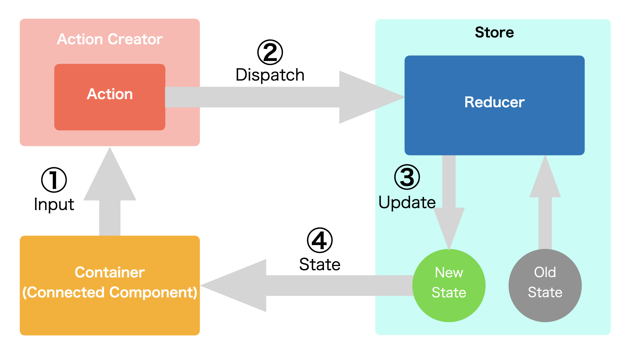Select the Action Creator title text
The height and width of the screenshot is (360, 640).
pyautogui.click(x=110, y=39)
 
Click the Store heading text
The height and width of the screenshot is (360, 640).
pyautogui.click(x=494, y=32)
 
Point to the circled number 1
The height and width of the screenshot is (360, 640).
pyautogui.click(x=54, y=180)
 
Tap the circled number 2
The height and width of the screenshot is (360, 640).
pyautogui.click(x=270, y=52)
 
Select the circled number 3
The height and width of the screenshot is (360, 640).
pyautogui.click(x=407, y=177)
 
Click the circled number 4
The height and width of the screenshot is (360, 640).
pyautogui.click(x=320, y=240)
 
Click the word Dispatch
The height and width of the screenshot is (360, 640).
pyautogui.click(x=270, y=75)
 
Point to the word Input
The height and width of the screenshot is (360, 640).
pyautogui.click(x=54, y=204)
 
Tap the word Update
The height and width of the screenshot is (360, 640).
pyautogui.click(x=407, y=202)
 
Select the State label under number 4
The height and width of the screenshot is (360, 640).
pyautogui.click(x=320, y=264)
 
